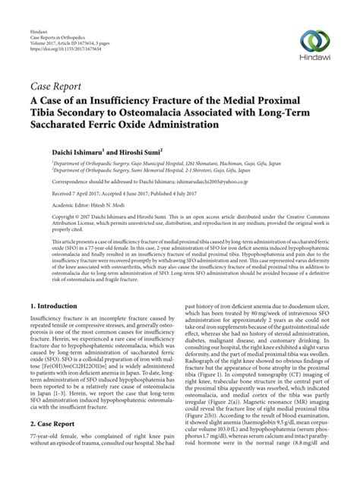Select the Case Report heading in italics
61,87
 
